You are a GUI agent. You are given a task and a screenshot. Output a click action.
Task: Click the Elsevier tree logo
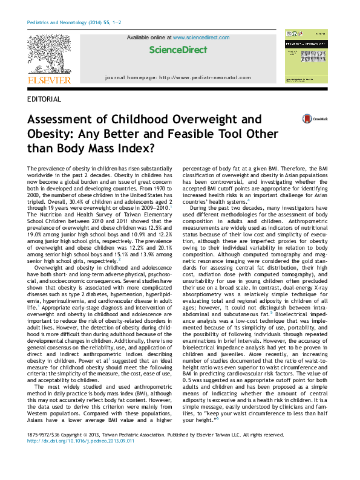49,55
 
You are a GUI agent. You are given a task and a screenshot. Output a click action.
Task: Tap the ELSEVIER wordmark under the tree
49,80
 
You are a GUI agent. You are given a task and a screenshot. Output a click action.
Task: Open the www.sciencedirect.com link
201,37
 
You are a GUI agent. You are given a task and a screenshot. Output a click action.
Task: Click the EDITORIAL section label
44,99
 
